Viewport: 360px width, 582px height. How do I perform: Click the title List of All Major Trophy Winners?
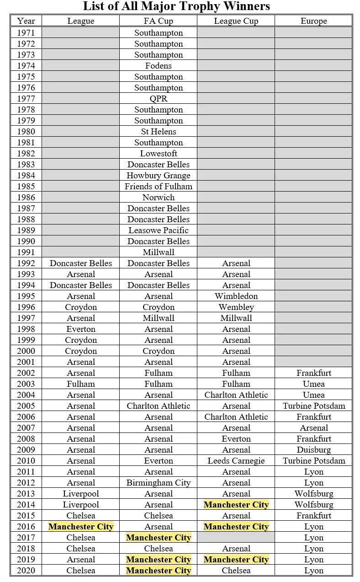pyautogui.click(x=176, y=6)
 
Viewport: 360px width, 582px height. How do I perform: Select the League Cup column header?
pyautogui.click(x=236, y=21)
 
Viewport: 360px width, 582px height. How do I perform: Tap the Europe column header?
pyautogui.click(x=314, y=21)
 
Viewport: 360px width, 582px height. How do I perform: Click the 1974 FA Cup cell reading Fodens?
pyautogui.click(x=159, y=66)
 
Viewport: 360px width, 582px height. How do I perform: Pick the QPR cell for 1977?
pyautogui.click(x=159, y=99)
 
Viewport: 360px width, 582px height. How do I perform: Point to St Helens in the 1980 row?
pyautogui.click(x=159, y=132)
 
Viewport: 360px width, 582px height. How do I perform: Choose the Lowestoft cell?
pyautogui.click(x=159, y=154)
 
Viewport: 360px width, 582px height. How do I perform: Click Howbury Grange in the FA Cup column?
pyautogui.click(x=159, y=176)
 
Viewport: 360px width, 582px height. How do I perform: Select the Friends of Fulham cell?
pyautogui.click(x=159, y=187)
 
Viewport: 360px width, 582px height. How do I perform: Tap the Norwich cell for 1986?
pyautogui.click(x=159, y=198)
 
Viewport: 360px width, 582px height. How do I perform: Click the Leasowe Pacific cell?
pyautogui.click(x=159, y=230)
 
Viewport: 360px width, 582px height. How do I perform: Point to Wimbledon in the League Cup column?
pyautogui.click(x=236, y=296)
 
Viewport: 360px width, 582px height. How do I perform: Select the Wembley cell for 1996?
pyautogui.click(x=236, y=307)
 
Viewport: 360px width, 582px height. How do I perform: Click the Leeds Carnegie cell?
pyautogui.click(x=236, y=461)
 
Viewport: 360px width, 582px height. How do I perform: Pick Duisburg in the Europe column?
pyautogui.click(x=314, y=450)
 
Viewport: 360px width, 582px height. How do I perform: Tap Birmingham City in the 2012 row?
pyautogui.click(x=159, y=483)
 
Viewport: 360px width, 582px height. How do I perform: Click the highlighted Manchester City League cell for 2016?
pyautogui.click(x=81, y=527)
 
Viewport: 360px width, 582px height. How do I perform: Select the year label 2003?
pyautogui.click(x=26, y=384)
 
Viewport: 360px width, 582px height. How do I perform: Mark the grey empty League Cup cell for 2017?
pyautogui.click(x=236, y=538)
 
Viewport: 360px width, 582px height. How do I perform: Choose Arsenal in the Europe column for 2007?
pyautogui.click(x=314, y=428)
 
